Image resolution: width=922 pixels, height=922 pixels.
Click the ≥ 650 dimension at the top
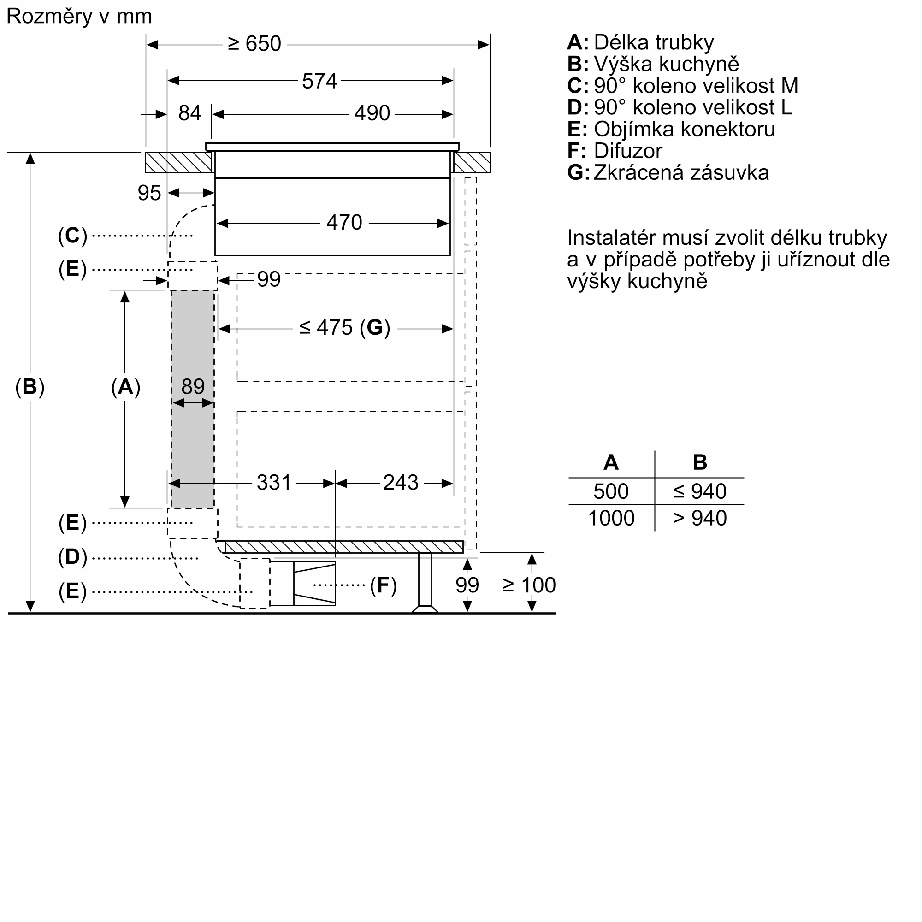click(254, 44)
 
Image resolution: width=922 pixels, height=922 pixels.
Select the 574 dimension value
click(319, 81)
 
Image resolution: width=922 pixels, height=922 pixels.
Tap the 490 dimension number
click(372, 113)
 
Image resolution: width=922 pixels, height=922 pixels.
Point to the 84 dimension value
click(189, 113)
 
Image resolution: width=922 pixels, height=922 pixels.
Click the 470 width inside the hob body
click(344, 223)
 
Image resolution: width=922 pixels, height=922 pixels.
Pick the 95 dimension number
click(149, 193)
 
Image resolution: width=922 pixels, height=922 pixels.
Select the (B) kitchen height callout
click(30, 387)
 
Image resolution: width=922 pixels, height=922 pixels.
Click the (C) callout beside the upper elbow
click(72, 236)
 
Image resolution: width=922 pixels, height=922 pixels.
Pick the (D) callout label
click(72, 557)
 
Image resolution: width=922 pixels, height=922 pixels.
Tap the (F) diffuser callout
click(383, 585)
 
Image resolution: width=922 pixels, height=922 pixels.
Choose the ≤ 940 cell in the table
click(699, 491)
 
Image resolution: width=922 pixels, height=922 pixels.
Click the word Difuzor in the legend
click(627, 151)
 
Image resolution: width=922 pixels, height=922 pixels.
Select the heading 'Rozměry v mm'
click(79, 17)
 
